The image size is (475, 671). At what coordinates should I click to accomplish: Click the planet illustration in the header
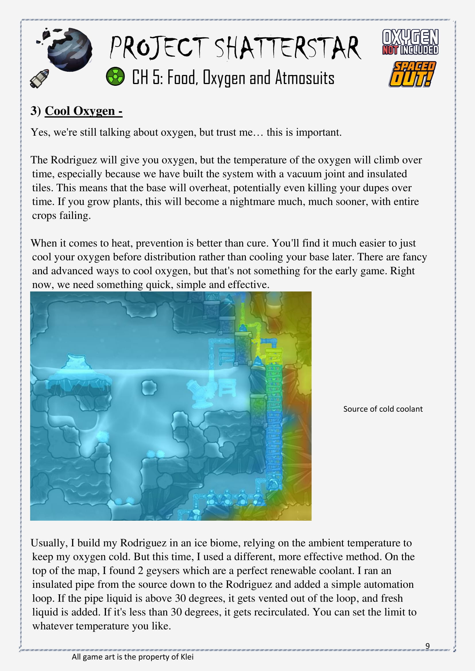[x=69, y=50]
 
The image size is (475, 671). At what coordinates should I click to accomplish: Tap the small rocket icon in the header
[x=39, y=78]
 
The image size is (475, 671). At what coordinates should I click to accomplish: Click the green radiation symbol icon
[x=115, y=76]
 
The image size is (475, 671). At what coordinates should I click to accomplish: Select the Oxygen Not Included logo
[x=410, y=42]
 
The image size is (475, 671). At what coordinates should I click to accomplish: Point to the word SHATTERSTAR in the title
[x=288, y=48]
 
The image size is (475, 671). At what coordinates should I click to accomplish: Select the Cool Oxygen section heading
[x=83, y=111]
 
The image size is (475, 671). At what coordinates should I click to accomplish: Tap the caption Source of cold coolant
[x=383, y=409]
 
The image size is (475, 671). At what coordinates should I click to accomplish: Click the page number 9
[x=427, y=645]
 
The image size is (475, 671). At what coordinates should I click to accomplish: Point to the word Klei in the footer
[x=187, y=657]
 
